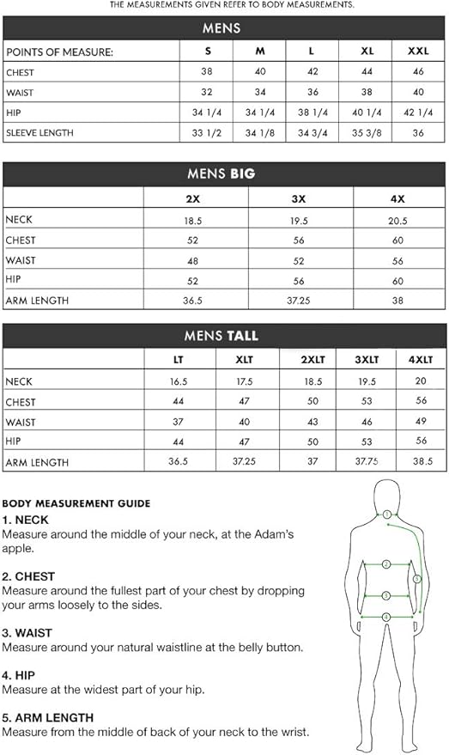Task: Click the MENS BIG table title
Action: (221, 174)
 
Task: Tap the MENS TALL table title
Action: (221, 336)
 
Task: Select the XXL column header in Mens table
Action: (419, 52)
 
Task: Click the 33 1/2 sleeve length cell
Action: (208, 133)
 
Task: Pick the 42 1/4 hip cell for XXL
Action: (419, 113)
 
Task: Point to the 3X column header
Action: (299, 198)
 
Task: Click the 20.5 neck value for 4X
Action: (397, 220)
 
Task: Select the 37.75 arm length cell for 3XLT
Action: (367, 462)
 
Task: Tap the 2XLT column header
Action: (313, 360)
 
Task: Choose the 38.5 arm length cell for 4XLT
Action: (421, 462)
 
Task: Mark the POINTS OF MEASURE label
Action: (59, 52)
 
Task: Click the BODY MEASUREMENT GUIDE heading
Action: (76, 503)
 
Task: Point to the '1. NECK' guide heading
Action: (26, 520)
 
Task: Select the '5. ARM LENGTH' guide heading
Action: (48, 717)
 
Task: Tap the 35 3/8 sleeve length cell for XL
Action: (367, 133)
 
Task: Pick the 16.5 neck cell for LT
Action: (179, 381)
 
